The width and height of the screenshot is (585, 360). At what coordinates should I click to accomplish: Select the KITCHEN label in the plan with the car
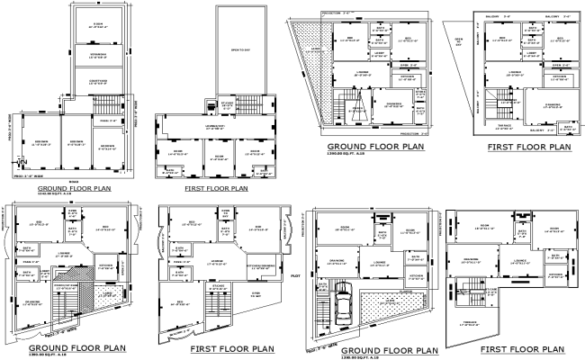pos(415,278)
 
